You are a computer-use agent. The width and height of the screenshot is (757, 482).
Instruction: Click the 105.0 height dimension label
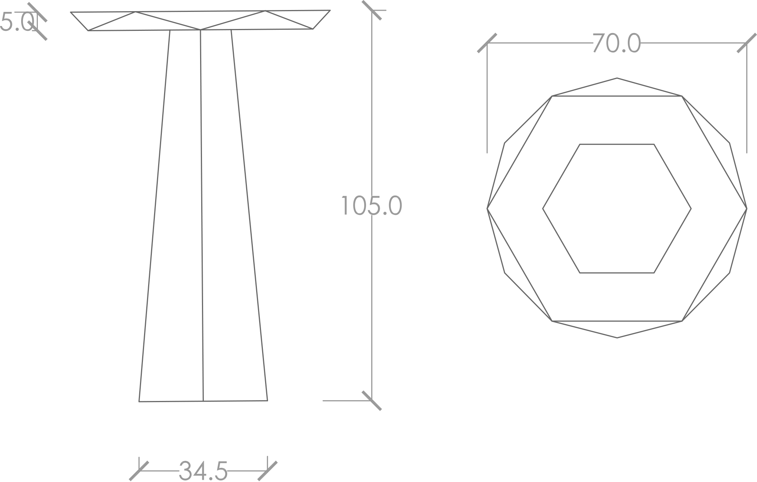point(371,205)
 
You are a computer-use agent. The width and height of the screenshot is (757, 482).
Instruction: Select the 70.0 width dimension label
point(617,43)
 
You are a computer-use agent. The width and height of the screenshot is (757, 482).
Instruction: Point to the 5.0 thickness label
point(17,22)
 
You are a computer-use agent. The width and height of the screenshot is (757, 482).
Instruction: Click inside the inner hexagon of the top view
point(617,208)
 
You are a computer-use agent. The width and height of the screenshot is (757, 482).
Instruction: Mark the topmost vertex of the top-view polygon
point(617,78)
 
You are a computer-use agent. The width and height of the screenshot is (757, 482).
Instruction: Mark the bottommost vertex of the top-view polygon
point(617,338)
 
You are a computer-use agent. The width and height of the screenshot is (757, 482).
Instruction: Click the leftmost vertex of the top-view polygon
point(487,208)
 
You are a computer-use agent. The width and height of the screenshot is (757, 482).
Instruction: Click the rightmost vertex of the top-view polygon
point(747,208)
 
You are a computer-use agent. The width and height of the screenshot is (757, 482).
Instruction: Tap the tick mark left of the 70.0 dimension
point(487,43)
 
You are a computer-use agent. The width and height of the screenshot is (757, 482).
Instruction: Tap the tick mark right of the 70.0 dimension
point(747,43)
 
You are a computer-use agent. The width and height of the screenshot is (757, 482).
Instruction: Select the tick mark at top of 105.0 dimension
point(372,10)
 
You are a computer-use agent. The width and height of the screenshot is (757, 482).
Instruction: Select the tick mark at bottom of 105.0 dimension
point(372,401)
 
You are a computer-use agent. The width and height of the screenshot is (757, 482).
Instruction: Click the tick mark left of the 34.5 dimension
point(139,471)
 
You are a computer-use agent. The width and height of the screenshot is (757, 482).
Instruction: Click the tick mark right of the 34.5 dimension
point(267,471)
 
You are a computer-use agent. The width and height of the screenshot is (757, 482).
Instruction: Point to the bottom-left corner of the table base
point(139,401)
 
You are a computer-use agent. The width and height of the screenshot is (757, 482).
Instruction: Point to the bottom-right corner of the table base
point(267,401)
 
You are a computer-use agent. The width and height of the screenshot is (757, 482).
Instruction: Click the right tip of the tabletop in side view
point(330,10)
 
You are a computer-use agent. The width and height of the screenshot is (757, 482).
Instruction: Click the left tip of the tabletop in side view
point(71,12)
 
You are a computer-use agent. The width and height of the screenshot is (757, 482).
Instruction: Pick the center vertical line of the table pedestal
point(202,216)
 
